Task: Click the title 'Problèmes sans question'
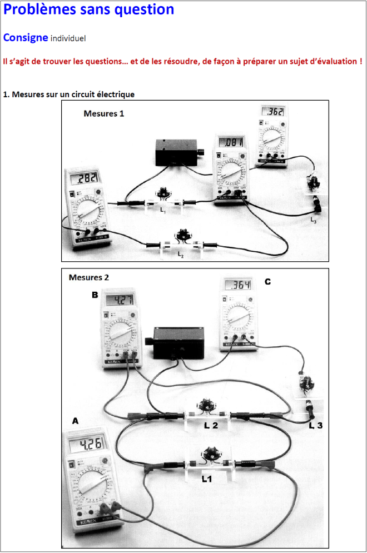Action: [x=89, y=10]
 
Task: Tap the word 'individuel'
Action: [x=68, y=38]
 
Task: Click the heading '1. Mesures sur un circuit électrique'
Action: [x=69, y=94]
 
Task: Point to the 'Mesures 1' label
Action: [x=104, y=113]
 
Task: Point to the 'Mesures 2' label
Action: [x=89, y=277]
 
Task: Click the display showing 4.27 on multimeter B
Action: [x=120, y=300]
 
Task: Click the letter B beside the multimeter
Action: [x=95, y=295]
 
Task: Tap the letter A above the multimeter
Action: [x=75, y=422]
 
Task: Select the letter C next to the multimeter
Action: [x=268, y=282]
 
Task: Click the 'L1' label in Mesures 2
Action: [x=207, y=477]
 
